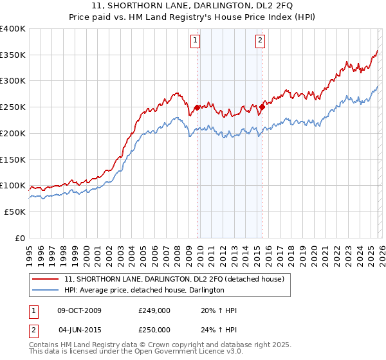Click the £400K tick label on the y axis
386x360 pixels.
13,29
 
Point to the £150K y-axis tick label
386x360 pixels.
13,159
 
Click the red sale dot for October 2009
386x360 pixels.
196,107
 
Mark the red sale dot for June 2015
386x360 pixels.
262,107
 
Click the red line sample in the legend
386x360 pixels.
46,279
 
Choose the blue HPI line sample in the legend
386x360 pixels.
46,291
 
